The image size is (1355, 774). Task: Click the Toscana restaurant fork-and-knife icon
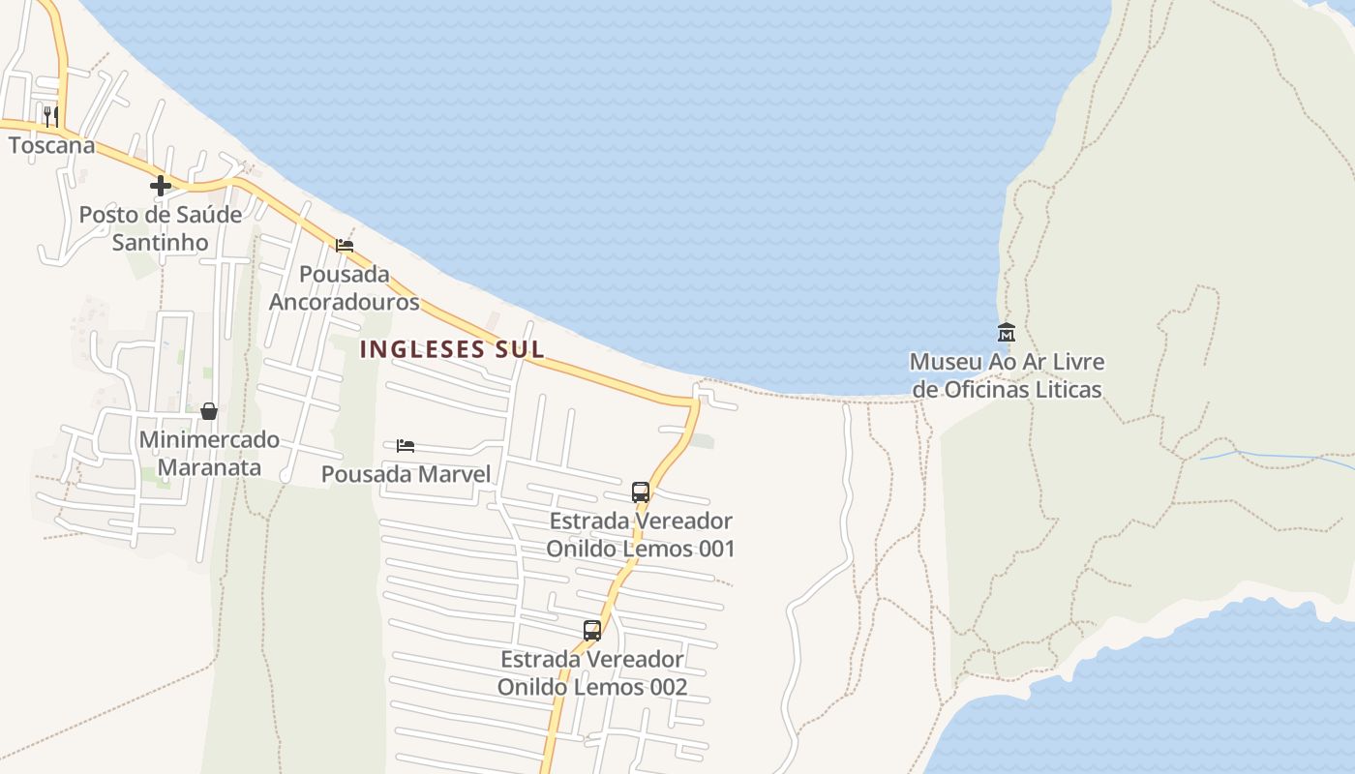[50, 117]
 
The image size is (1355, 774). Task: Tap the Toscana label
[52, 145]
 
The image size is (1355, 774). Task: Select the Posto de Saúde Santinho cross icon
[161, 186]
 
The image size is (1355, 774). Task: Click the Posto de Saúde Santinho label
[161, 228]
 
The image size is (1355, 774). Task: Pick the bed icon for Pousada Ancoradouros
[345, 246]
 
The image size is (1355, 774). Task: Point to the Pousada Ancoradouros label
[345, 288]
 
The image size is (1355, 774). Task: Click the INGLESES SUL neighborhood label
[452, 349]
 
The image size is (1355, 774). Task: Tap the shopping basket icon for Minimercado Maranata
[209, 412]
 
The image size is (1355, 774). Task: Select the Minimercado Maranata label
[209, 454]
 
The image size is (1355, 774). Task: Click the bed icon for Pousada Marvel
[406, 446]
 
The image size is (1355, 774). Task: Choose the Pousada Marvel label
[406, 474]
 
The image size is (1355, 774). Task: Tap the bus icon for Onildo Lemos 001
[641, 492]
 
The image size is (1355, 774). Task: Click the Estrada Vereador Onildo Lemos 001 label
[641, 535]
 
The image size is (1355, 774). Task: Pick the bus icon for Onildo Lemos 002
[592, 631]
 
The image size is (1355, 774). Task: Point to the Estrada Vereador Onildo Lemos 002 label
[592, 673]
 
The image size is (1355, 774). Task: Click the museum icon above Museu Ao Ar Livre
[1007, 333]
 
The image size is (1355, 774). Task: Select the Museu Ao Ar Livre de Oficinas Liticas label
[1007, 375]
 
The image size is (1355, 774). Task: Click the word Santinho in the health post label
[161, 242]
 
